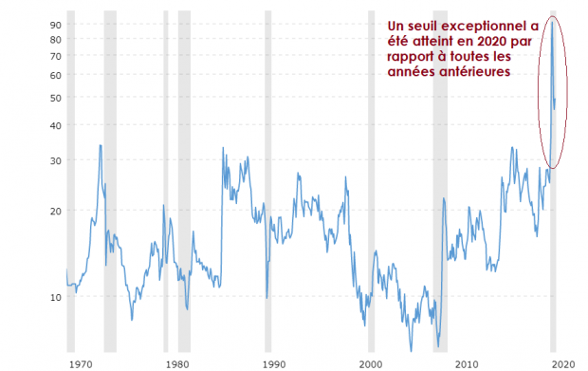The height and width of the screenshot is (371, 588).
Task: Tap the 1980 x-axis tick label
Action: pos(177,362)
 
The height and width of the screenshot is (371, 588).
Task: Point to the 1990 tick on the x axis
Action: pos(273,362)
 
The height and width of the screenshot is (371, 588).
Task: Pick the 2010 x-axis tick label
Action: pos(466,362)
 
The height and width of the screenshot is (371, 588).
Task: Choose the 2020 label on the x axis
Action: pos(562,362)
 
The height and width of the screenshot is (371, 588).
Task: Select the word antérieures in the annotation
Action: pos(471,71)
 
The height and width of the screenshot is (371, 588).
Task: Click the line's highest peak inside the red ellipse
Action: pos(552,21)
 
